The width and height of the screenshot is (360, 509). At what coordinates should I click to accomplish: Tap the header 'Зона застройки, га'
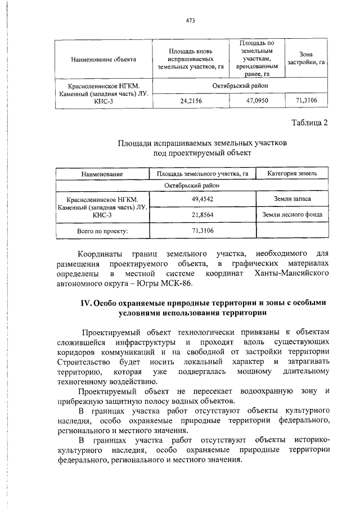click(307, 58)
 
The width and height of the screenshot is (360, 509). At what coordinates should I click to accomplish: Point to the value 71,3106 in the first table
click(307, 101)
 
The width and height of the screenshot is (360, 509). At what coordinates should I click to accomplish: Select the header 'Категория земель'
click(291, 174)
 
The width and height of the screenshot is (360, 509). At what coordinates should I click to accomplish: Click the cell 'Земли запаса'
click(291, 199)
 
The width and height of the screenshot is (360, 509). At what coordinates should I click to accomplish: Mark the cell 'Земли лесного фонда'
click(291, 214)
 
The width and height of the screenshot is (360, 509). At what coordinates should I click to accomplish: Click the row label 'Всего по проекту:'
click(102, 231)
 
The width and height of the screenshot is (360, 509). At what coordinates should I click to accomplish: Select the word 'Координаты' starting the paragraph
click(101, 253)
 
